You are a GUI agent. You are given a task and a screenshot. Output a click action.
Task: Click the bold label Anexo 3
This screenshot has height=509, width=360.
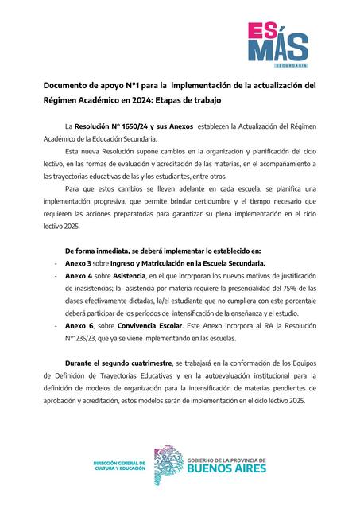coord(78,264)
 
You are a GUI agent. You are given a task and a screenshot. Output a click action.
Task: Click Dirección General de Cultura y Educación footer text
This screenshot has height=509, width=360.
coord(120,465)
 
